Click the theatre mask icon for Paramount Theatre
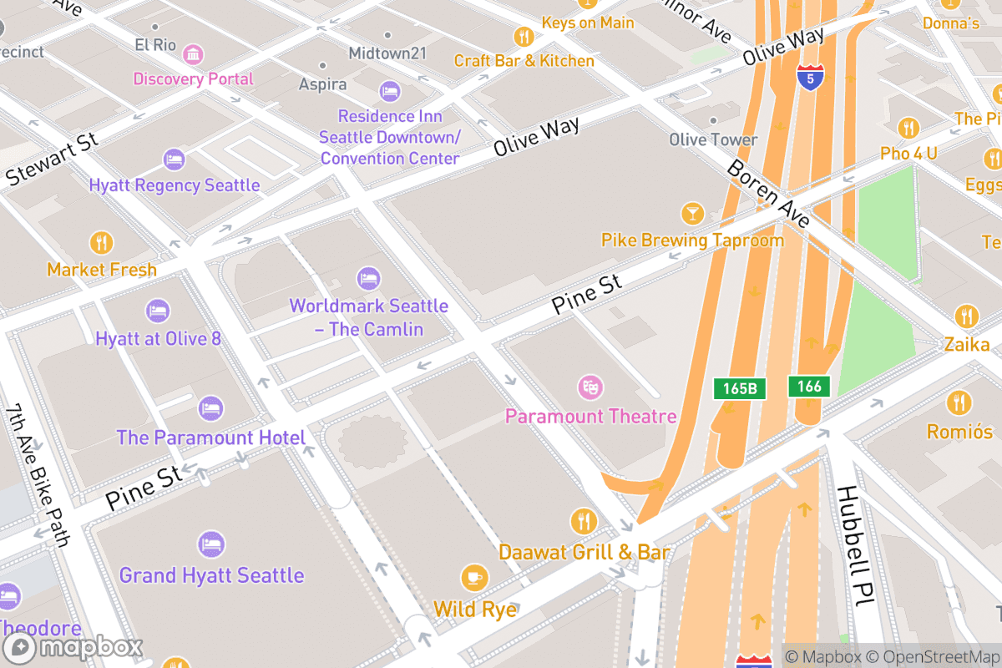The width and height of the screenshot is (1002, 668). point(590,387)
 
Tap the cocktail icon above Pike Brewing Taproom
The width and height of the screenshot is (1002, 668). point(692,213)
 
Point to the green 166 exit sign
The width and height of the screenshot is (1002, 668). point(809,386)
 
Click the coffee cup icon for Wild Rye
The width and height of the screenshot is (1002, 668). point(474,578)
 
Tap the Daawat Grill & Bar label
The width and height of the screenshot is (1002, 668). point(584,552)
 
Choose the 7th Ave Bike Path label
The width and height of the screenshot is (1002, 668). point(38,475)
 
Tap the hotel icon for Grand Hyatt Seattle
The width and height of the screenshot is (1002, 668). point(211,544)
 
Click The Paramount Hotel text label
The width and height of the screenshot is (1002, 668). point(210,438)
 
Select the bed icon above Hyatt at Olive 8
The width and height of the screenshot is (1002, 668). point(158,311)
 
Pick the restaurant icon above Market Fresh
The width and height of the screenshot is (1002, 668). point(101,243)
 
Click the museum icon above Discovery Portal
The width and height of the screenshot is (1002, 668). point(193,54)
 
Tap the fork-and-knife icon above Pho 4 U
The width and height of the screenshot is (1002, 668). point(908,128)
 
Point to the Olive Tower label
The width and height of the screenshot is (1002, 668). point(713,139)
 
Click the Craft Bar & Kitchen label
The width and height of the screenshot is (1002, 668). point(524,61)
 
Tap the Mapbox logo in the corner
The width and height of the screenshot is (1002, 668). point(73,647)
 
